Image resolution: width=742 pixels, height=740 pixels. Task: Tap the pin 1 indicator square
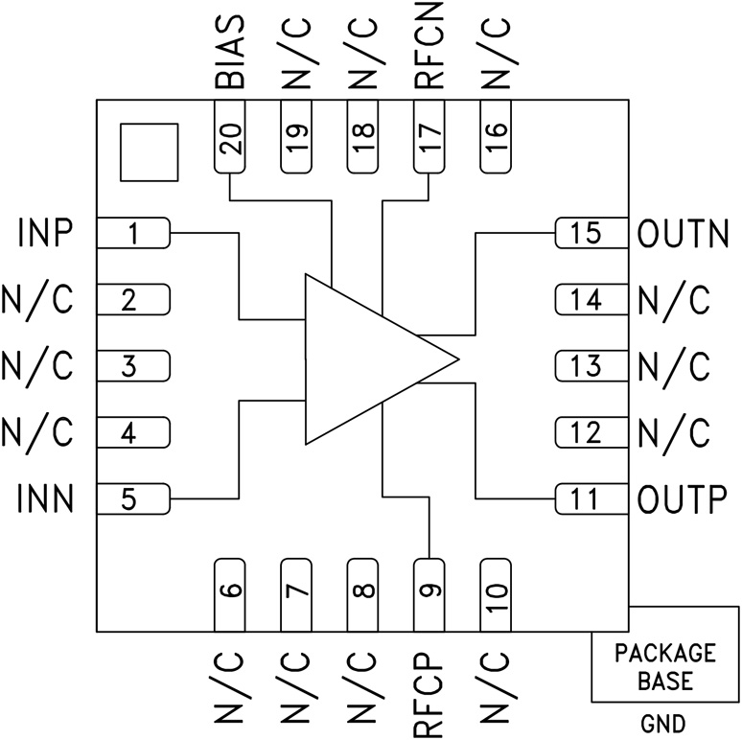149,151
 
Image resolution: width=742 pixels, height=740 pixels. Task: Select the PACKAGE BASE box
665,667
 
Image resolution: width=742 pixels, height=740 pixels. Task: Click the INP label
47,233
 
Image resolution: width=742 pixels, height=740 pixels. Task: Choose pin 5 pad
134,498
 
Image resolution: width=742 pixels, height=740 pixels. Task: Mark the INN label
47,498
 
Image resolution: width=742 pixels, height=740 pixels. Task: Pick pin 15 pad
590,233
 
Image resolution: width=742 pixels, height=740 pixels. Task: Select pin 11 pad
590,498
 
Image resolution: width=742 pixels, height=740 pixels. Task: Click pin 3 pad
134,366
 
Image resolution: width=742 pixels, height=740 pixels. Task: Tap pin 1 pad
134,233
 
